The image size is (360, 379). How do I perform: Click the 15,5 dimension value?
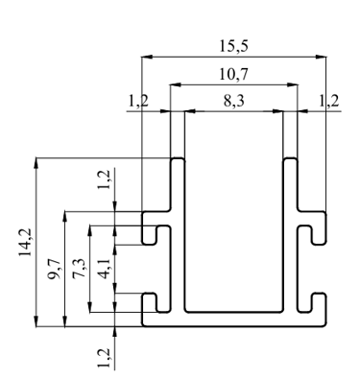click(233, 47)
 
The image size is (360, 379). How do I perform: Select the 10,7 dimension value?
click(233, 75)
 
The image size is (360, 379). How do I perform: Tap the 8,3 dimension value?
click(233, 102)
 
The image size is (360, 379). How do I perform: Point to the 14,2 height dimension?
click(25, 242)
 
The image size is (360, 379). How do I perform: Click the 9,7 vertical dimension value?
click(54, 269)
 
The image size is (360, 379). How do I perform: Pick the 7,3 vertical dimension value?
click(79, 269)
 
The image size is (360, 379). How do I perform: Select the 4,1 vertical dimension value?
click(106, 269)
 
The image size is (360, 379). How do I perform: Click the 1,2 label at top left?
click(138, 102)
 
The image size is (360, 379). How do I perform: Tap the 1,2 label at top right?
click(329, 102)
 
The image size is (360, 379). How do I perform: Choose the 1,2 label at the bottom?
click(104, 358)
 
